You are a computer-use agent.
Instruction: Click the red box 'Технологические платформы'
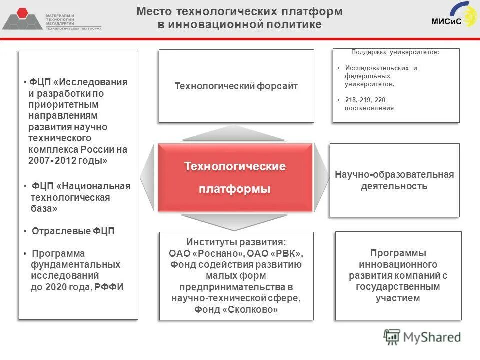pos(235,177)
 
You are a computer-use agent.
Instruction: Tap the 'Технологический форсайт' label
pos(236,86)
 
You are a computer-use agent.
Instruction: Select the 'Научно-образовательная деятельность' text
pos(394,180)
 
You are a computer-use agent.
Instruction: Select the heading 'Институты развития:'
pos(236,241)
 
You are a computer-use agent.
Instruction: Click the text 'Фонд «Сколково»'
pos(236,310)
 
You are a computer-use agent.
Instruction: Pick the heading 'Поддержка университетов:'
pos(396,52)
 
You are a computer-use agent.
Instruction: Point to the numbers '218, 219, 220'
pos(365,100)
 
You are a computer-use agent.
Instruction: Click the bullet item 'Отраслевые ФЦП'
pos(73,231)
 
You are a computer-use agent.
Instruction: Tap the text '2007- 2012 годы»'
pos(68,161)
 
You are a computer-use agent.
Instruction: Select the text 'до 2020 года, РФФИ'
pos(77,287)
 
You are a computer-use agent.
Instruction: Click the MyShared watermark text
pos(432,337)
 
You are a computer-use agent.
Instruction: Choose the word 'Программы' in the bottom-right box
pos(398,253)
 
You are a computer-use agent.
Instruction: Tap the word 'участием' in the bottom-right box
pos(398,298)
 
